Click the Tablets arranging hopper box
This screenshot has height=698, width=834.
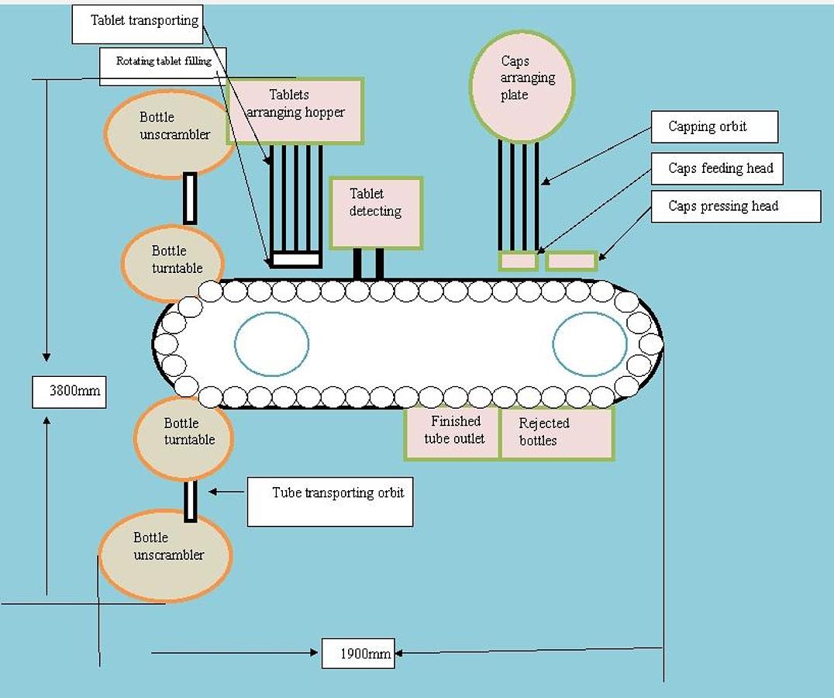pyautogui.click(x=295, y=111)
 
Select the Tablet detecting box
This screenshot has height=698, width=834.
pyautogui.click(x=376, y=213)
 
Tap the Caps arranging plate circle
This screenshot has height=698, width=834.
pyautogui.click(x=522, y=86)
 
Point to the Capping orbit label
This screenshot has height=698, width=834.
pyautogui.click(x=712, y=127)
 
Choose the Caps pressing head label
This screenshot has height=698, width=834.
pyautogui.click(x=735, y=206)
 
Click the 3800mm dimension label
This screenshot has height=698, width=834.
pyautogui.click(x=69, y=392)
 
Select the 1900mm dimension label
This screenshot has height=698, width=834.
pyautogui.click(x=358, y=654)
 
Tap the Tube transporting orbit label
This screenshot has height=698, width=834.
pyautogui.click(x=330, y=501)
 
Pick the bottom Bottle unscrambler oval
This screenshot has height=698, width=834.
pyautogui.click(x=166, y=555)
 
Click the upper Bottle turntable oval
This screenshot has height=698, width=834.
pyautogui.click(x=172, y=263)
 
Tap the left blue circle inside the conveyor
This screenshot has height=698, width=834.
pyautogui.click(x=271, y=344)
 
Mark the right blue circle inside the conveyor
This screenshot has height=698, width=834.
pyautogui.click(x=590, y=344)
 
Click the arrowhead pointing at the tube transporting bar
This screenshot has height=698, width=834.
pyautogui.click(x=212, y=492)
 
